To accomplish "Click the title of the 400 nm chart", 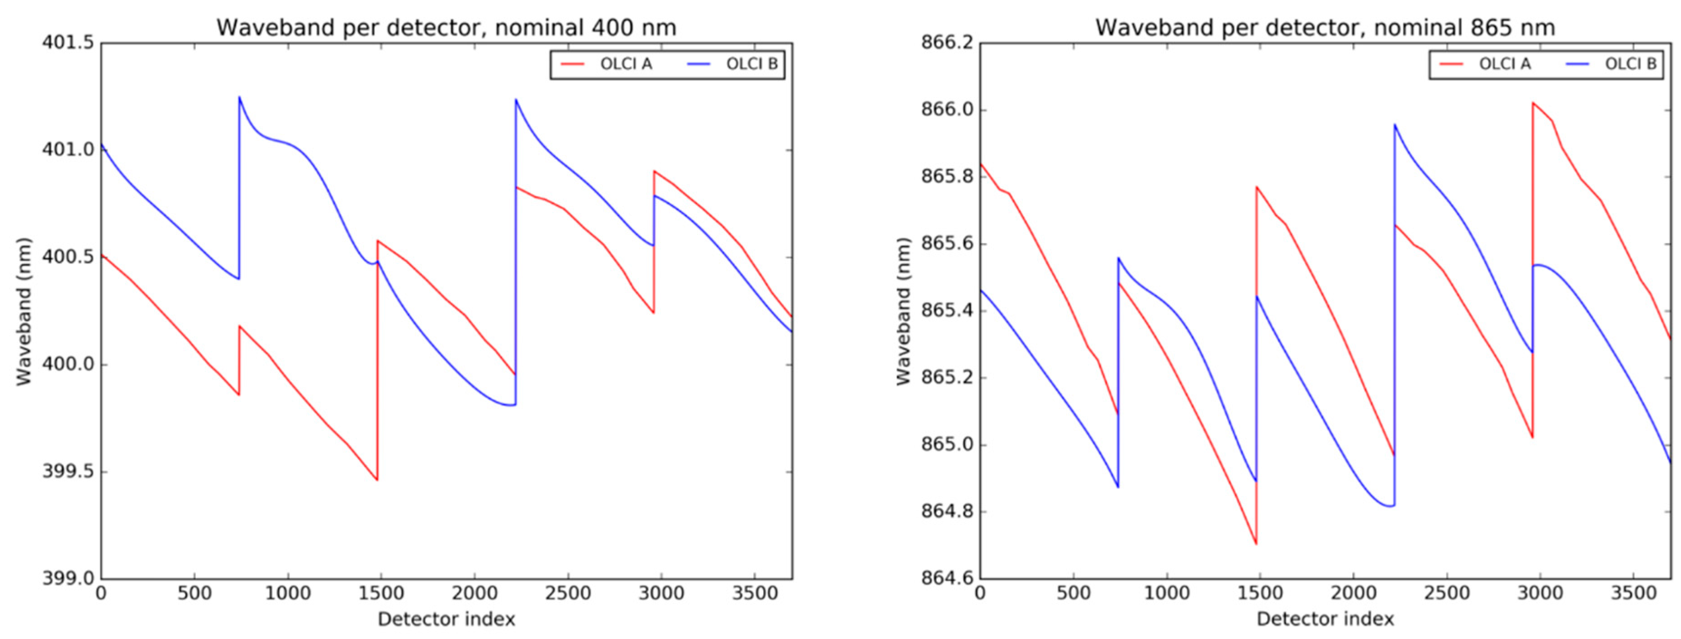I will pyautogui.click(x=446, y=28).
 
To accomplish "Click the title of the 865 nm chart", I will pyautogui.click(x=1325, y=28).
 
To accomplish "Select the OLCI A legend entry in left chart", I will pyautogui.click(x=625, y=64).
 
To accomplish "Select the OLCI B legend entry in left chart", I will pyautogui.click(x=751, y=64).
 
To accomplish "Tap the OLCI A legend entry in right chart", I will pyautogui.click(x=1504, y=64).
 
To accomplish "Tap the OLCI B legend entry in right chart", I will pyautogui.click(x=1630, y=64).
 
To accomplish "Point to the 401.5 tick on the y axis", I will pyautogui.click(x=68, y=43).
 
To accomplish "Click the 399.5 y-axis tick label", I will pyautogui.click(x=68, y=471).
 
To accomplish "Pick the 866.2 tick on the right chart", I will pyautogui.click(x=947, y=43).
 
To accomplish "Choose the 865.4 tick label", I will pyautogui.click(x=947, y=311).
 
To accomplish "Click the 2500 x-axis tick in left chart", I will pyautogui.click(x=568, y=594).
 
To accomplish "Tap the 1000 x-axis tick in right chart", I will pyautogui.click(x=1167, y=594).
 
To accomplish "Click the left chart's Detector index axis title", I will pyautogui.click(x=446, y=619).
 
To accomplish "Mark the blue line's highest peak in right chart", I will pyautogui.click(x=1395, y=124).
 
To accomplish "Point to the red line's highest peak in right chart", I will pyautogui.click(x=1533, y=102).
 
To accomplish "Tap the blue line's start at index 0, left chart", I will pyautogui.click(x=102, y=145).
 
